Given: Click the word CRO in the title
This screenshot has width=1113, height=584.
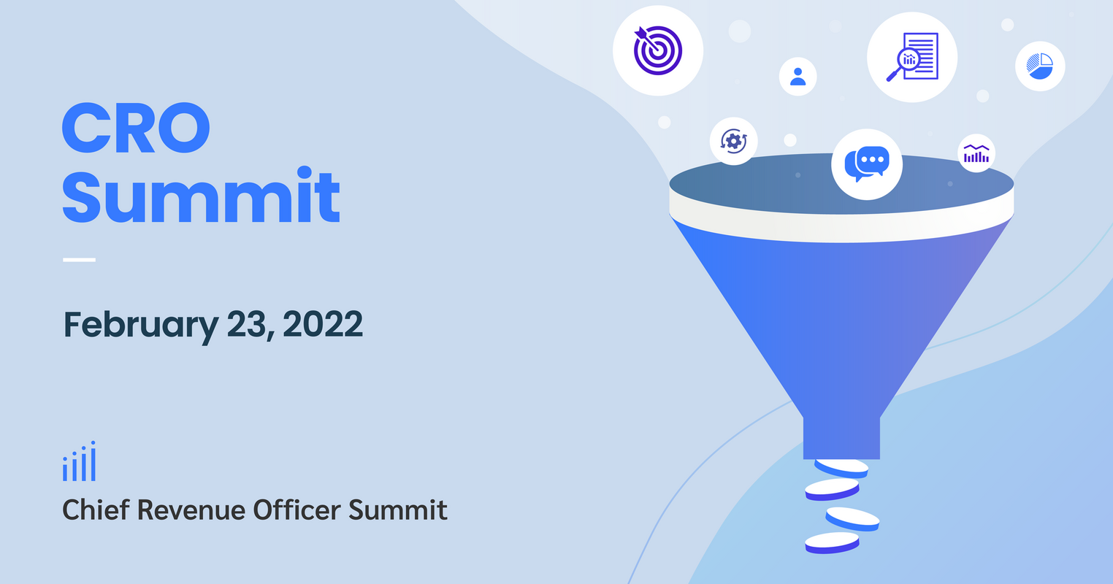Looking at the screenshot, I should pyautogui.click(x=136, y=128).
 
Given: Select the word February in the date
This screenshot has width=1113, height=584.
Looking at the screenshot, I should pyautogui.click(x=137, y=325).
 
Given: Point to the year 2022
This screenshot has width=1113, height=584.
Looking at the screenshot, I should pyautogui.click(x=323, y=323).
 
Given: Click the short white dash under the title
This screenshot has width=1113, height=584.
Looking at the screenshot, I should pyautogui.click(x=79, y=259).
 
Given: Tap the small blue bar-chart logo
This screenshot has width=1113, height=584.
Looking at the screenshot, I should pyautogui.click(x=79, y=462).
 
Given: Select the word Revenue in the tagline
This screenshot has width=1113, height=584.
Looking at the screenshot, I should pyautogui.click(x=191, y=510).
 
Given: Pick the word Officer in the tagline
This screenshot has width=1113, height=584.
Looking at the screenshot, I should pyautogui.click(x=297, y=510).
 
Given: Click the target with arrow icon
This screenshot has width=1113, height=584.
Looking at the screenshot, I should pyautogui.click(x=657, y=50).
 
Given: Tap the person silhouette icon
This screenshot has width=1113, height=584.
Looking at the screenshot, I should pyautogui.click(x=798, y=76).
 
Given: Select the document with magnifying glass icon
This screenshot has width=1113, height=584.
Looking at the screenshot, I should pyautogui.click(x=911, y=57).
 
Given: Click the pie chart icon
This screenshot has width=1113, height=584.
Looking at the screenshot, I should pyautogui.click(x=1039, y=66).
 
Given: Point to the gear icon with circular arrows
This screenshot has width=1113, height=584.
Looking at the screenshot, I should pyautogui.click(x=733, y=141).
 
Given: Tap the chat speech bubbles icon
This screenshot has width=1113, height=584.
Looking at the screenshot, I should pyautogui.click(x=866, y=164).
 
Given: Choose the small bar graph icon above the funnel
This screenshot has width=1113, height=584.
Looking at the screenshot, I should pyautogui.click(x=976, y=153).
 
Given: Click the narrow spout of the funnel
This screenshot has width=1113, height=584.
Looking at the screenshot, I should pyautogui.click(x=841, y=437).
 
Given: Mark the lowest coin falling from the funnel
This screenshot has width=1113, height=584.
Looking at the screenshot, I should pyautogui.click(x=832, y=543).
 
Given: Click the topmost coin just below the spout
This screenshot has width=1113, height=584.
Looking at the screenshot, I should pyautogui.click(x=841, y=467).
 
